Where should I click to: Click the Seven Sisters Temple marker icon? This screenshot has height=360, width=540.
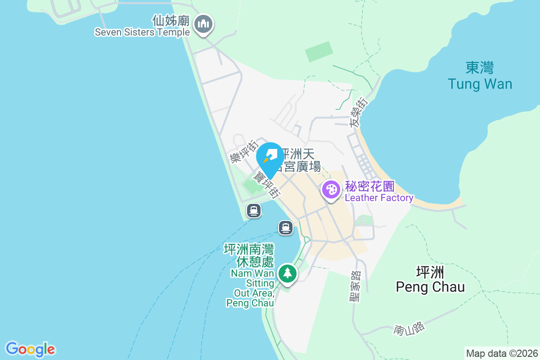tap(204, 24)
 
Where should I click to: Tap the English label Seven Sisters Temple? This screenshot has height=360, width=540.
tap(142, 32)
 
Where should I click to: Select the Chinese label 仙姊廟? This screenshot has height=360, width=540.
tap(172, 21)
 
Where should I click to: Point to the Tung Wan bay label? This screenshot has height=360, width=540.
tap(480, 84)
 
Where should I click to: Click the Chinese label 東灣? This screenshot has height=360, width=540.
tap(480, 68)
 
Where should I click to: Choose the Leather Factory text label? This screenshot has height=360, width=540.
tap(379, 198)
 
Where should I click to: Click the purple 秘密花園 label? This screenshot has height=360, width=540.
tap(370, 186)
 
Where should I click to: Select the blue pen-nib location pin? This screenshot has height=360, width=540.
tap(270, 157)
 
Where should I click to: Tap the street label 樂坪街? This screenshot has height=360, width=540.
tap(243, 151)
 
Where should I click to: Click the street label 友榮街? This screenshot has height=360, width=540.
tap(359, 112)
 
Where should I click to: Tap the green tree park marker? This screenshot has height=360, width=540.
tap(287, 273)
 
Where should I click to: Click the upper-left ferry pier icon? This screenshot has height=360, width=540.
tap(254, 210)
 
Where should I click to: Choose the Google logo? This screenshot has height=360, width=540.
tap(30, 349)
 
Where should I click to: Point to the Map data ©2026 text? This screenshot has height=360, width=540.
tap(502, 353)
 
